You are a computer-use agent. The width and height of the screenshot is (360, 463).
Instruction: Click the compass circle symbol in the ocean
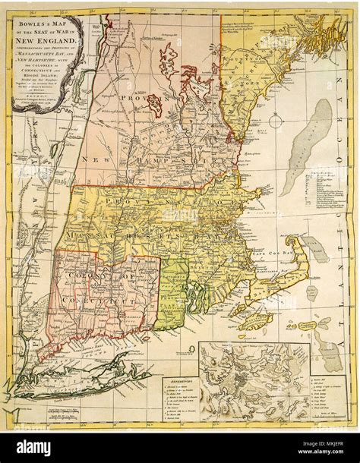click(x=292, y=324)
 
